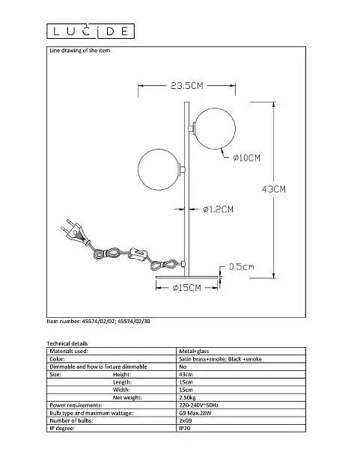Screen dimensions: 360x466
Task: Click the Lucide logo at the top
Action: (x=91, y=31)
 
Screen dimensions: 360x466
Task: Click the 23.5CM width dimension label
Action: (x=186, y=86)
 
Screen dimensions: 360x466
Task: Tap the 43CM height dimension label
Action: (x=274, y=189)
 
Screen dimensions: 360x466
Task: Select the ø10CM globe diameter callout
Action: (x=246, y=158)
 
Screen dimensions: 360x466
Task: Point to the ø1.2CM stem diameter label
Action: (x=219, y=209)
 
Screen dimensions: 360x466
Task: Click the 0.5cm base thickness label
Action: (x=242, y=266)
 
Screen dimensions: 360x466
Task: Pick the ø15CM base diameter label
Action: (x=186, y=288)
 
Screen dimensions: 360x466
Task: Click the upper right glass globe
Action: (x=216, y=129)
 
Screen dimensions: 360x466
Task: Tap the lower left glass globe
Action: (x=159, y=169)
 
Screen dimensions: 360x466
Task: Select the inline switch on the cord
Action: (x=138, y=254)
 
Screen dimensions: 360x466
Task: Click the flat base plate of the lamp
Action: (x=186, y=278)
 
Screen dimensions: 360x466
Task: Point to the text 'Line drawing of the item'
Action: (x=79, y=51)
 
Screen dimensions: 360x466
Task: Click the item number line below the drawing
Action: (x=98, y=322)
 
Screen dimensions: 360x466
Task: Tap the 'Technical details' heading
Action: (x=67, y=343)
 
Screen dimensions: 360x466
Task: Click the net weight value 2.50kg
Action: (x=187, y=397)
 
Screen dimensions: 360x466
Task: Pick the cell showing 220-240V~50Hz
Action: (x=199, y=405)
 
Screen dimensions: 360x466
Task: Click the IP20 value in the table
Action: (x=185, y=429)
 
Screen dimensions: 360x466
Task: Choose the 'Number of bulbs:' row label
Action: (x=71, y=420)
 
